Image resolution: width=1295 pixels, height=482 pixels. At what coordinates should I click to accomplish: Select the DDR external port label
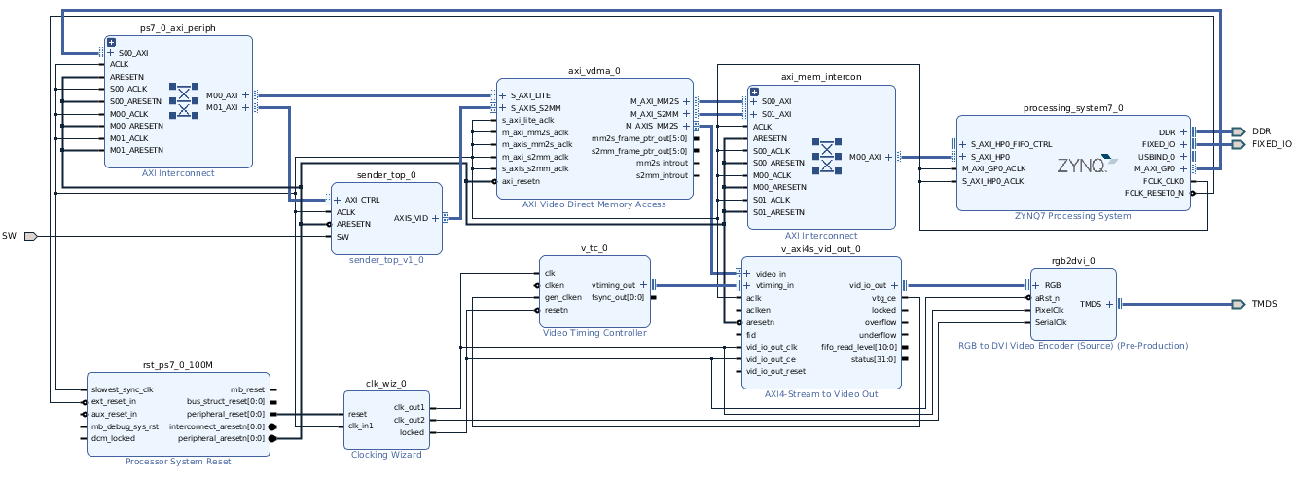coord(1261,131)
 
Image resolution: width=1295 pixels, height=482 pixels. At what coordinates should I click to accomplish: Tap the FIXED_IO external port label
coord(1272,144)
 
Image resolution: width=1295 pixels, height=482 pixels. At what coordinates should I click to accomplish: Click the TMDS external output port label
coord(1264,304)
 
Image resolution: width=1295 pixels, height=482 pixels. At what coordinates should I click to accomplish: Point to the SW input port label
coord(9,236)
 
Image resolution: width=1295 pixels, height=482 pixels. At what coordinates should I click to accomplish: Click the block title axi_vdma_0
coord(594,71)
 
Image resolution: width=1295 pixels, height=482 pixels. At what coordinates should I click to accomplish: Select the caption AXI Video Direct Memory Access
coord(594,204)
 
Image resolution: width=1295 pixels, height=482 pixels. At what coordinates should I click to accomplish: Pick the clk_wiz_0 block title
coord(386,385)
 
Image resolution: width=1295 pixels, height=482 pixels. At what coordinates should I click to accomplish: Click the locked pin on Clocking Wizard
coord(412,432)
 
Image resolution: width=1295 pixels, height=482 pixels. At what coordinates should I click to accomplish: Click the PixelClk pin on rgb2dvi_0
coord(1051,310)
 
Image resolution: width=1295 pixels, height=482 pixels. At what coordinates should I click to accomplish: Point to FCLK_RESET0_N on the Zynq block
coord(1154,193)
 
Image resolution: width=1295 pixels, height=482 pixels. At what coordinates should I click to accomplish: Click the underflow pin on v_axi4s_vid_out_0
coord(879,335)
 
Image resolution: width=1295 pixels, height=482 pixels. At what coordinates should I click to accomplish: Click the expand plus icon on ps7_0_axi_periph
coord(111,43)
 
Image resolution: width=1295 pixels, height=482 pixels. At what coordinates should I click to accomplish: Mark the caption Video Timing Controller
coord(594,333)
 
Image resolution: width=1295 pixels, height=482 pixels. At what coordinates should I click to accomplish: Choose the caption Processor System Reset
coord(178,461)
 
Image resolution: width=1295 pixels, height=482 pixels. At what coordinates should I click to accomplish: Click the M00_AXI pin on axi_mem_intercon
coord(865,156)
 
